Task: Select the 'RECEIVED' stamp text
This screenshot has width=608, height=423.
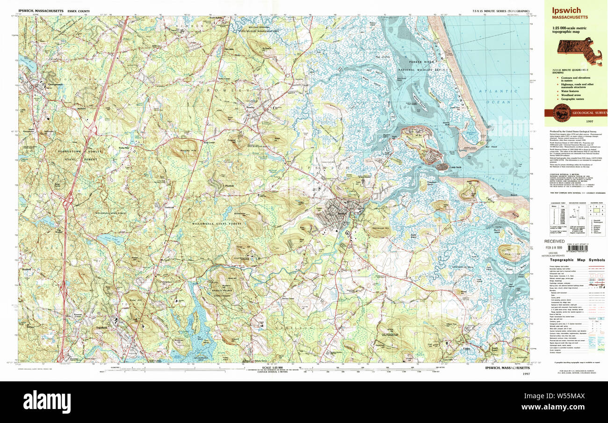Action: click(554, 241)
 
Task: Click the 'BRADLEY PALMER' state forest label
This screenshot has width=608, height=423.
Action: click(224, 292)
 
